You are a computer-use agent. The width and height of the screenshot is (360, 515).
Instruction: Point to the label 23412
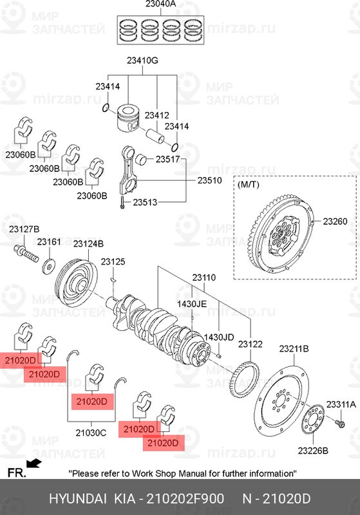click(x=156, y=115)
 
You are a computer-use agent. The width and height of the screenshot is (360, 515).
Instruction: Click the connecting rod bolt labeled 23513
click(x=120, y=202)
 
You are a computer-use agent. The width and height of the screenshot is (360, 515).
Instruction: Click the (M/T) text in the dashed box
click(x=249, y=185)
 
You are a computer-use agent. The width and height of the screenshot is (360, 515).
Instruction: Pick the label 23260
click(x=335, y=221)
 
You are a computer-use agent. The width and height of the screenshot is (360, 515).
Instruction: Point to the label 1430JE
click(x=192, y=303)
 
